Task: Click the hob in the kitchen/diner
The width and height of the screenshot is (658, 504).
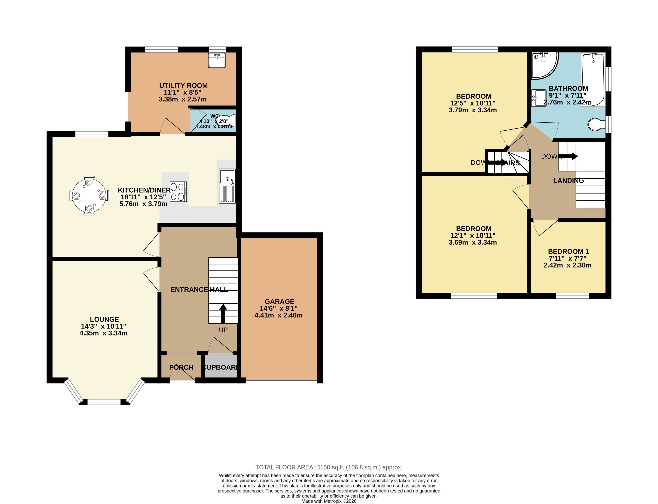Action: (x=178, y=192)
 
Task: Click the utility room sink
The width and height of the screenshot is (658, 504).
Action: (x=217, y=61)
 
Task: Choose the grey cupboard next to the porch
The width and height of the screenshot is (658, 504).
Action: (x=221, y=365)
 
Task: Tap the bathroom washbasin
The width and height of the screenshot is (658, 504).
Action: (x=538, y=98)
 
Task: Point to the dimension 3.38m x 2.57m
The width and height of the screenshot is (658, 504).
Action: (x=182, y=99)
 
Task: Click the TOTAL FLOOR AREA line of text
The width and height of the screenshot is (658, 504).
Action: (x=329, y=467)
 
